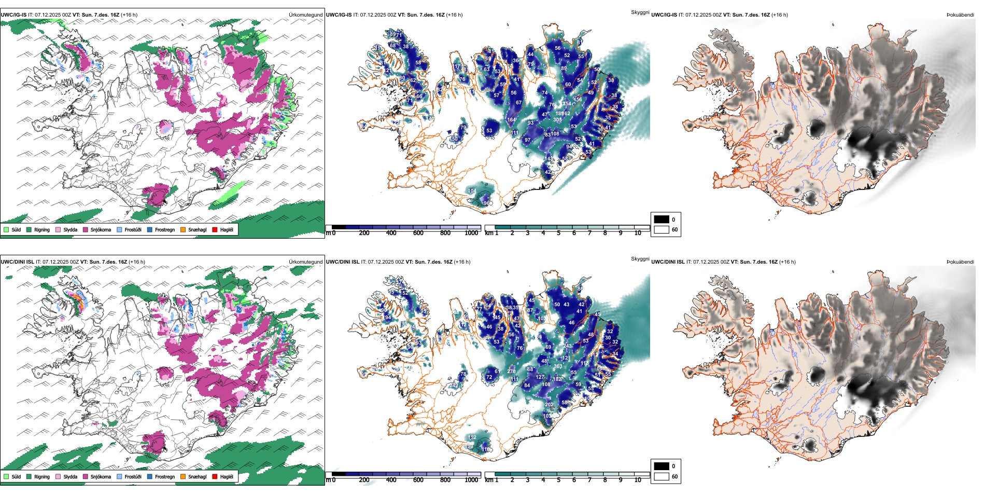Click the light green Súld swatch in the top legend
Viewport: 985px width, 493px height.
(6, 229)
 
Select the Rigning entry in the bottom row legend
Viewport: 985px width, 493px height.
(41, 476)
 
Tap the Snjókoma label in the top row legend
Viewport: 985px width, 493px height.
(101, 229)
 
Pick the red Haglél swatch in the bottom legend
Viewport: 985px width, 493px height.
(215, 476)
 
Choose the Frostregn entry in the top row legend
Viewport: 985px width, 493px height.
(164, 229)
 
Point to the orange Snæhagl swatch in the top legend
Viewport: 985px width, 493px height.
(183, 229)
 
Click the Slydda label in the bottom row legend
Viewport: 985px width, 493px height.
(70, 476)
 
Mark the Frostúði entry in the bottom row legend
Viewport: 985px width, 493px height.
(133, 476)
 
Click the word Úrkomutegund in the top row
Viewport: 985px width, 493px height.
(305, 15)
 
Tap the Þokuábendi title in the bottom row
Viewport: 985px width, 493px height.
(960, 262)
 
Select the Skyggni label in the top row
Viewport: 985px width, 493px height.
(640, 12)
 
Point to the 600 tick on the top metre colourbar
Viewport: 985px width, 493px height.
(418, 233)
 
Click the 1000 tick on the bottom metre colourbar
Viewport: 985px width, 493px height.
(471, 480)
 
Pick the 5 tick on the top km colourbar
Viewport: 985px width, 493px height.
(558, 233)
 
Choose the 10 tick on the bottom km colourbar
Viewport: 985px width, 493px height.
(638, 480)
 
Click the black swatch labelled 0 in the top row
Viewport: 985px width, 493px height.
(662, 220)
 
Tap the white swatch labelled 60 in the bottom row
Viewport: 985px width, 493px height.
(662, 476)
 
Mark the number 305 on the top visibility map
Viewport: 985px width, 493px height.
(557, 120)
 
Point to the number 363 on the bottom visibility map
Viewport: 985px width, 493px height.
(558, 366)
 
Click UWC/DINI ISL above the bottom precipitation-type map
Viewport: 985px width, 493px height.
(17, 262)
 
